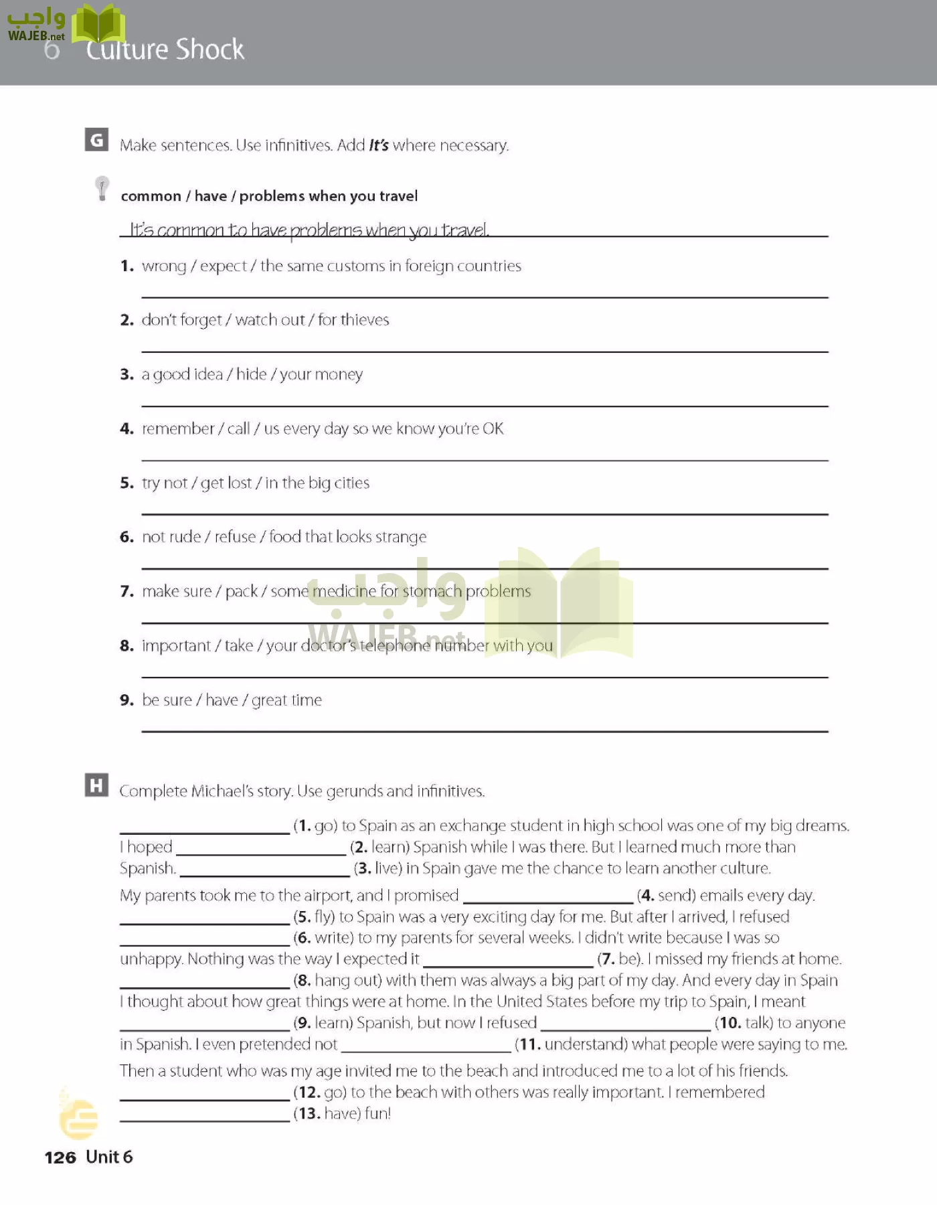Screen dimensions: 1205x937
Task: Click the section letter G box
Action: (96, 139)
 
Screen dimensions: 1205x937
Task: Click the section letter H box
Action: (96, 785)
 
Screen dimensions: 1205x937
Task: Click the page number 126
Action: (60, 1157)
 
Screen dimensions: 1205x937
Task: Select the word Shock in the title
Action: (210, 50)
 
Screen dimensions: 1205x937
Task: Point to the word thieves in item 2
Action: (364, 320)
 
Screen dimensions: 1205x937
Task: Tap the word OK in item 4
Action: (493, 428)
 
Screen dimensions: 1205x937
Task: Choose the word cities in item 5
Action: (351, 483)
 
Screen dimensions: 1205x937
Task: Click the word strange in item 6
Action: (401, 537)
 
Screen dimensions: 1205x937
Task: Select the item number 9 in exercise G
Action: (126, 700)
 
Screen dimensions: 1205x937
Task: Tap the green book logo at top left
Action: (98, 25)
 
